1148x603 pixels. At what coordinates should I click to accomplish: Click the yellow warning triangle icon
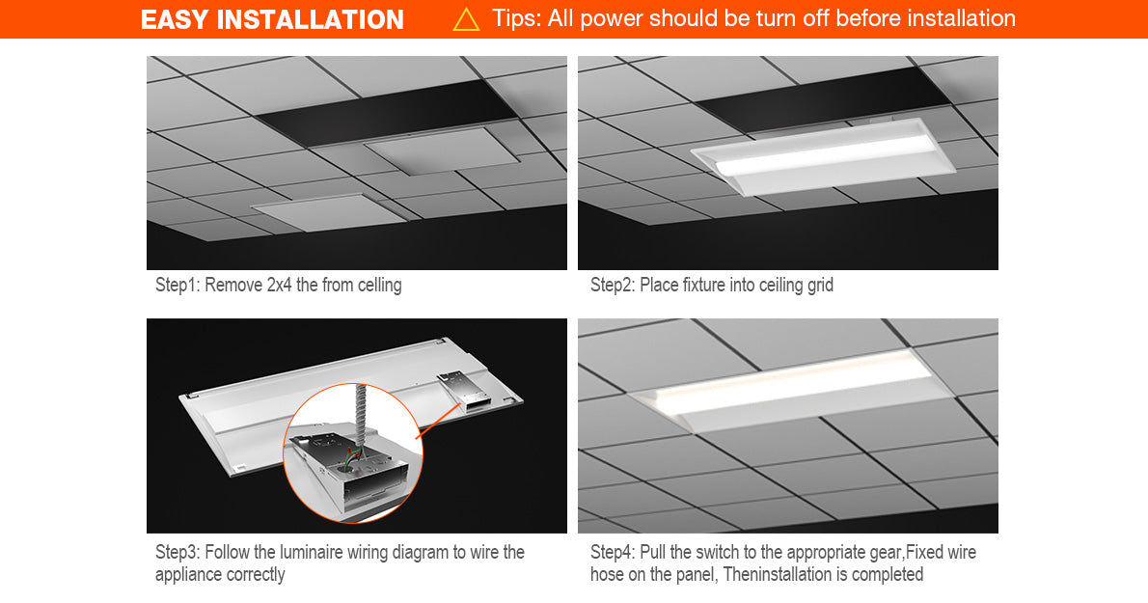[466, 19]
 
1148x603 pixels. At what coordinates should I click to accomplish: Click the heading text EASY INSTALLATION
[272, 19]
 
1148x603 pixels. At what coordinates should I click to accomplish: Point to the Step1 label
[177, 285]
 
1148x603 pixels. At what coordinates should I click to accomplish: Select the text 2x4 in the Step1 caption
[279, 285]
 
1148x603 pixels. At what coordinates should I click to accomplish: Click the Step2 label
[613, 285]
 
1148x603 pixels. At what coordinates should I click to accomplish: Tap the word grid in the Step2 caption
[820, 286]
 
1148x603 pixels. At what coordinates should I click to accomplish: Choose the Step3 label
[177, 552]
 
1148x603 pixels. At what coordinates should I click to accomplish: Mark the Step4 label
[613, 552]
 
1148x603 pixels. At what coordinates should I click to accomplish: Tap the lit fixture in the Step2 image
[822, 156]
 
